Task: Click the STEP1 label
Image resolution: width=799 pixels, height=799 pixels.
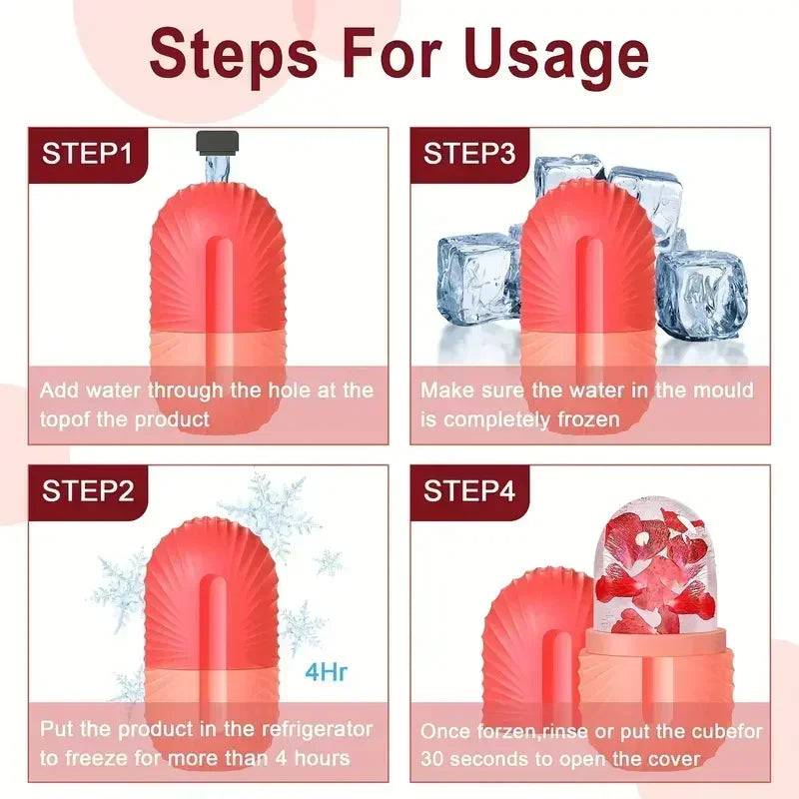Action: [x=87, y=154]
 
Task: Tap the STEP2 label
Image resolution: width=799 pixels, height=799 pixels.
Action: [x=87, y=490]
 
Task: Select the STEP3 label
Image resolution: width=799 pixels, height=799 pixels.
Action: [x=469, y=154]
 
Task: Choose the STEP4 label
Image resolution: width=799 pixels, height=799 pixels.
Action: [x=469, y=490]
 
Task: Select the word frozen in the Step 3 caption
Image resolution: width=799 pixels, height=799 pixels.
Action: [x=588, y=419]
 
